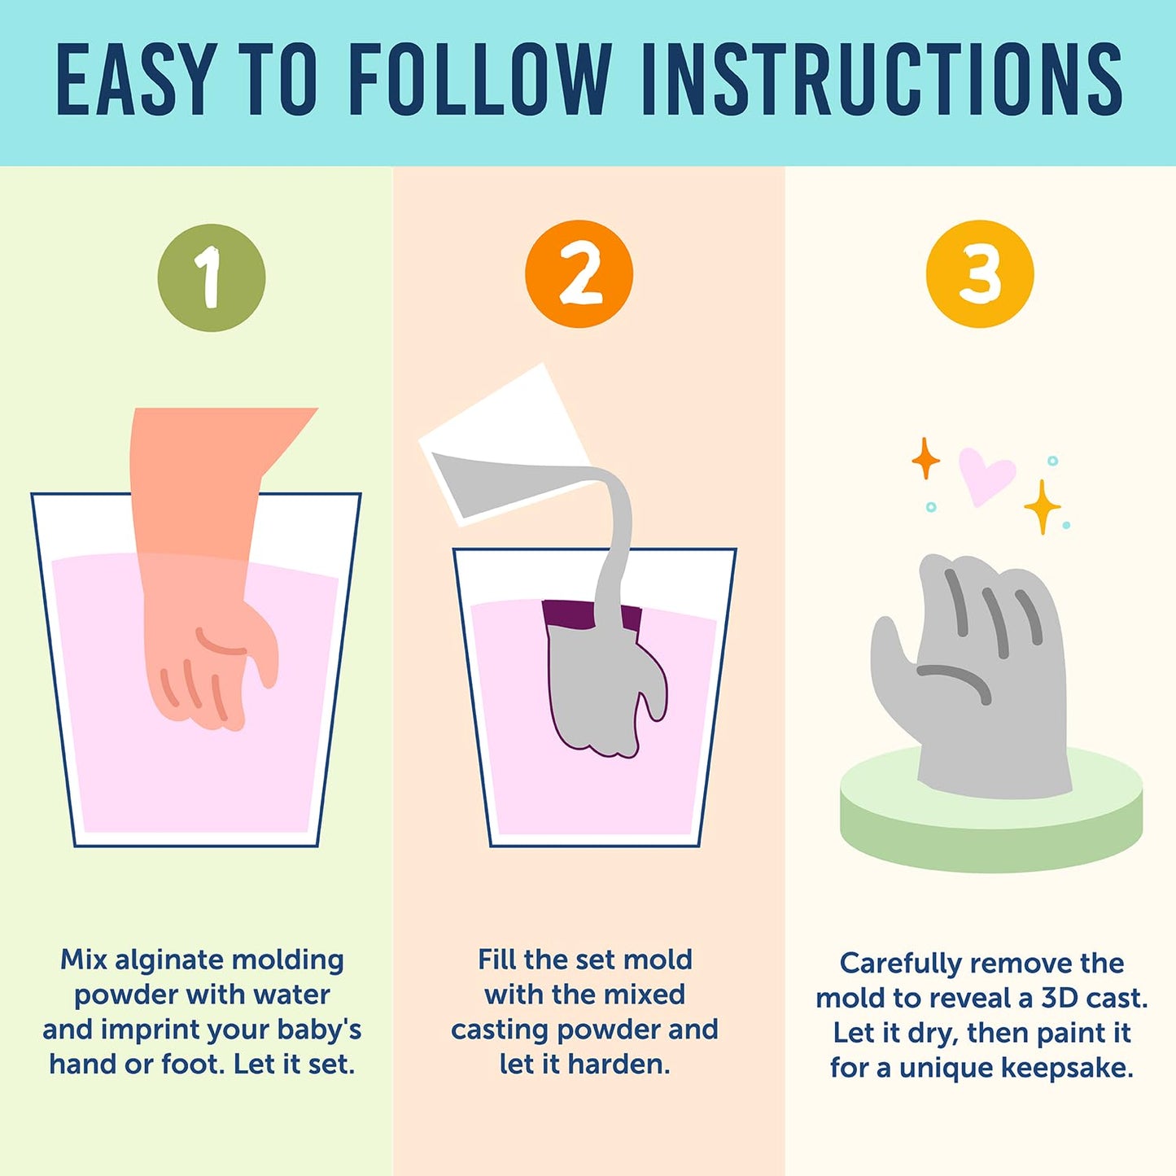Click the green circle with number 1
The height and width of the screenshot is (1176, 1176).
(x=211, y=278)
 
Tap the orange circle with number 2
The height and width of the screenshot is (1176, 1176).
(x=579, y=274)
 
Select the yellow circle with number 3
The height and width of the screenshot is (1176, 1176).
(x=980, y=274)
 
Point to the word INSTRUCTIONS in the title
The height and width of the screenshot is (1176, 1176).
(x=882, y=79)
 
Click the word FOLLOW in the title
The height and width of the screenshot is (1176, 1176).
(x=481, y=79)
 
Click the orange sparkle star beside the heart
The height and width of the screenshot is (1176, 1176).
(x=926, y=458)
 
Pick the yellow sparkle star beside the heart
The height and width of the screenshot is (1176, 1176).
(x=1043, y=506)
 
